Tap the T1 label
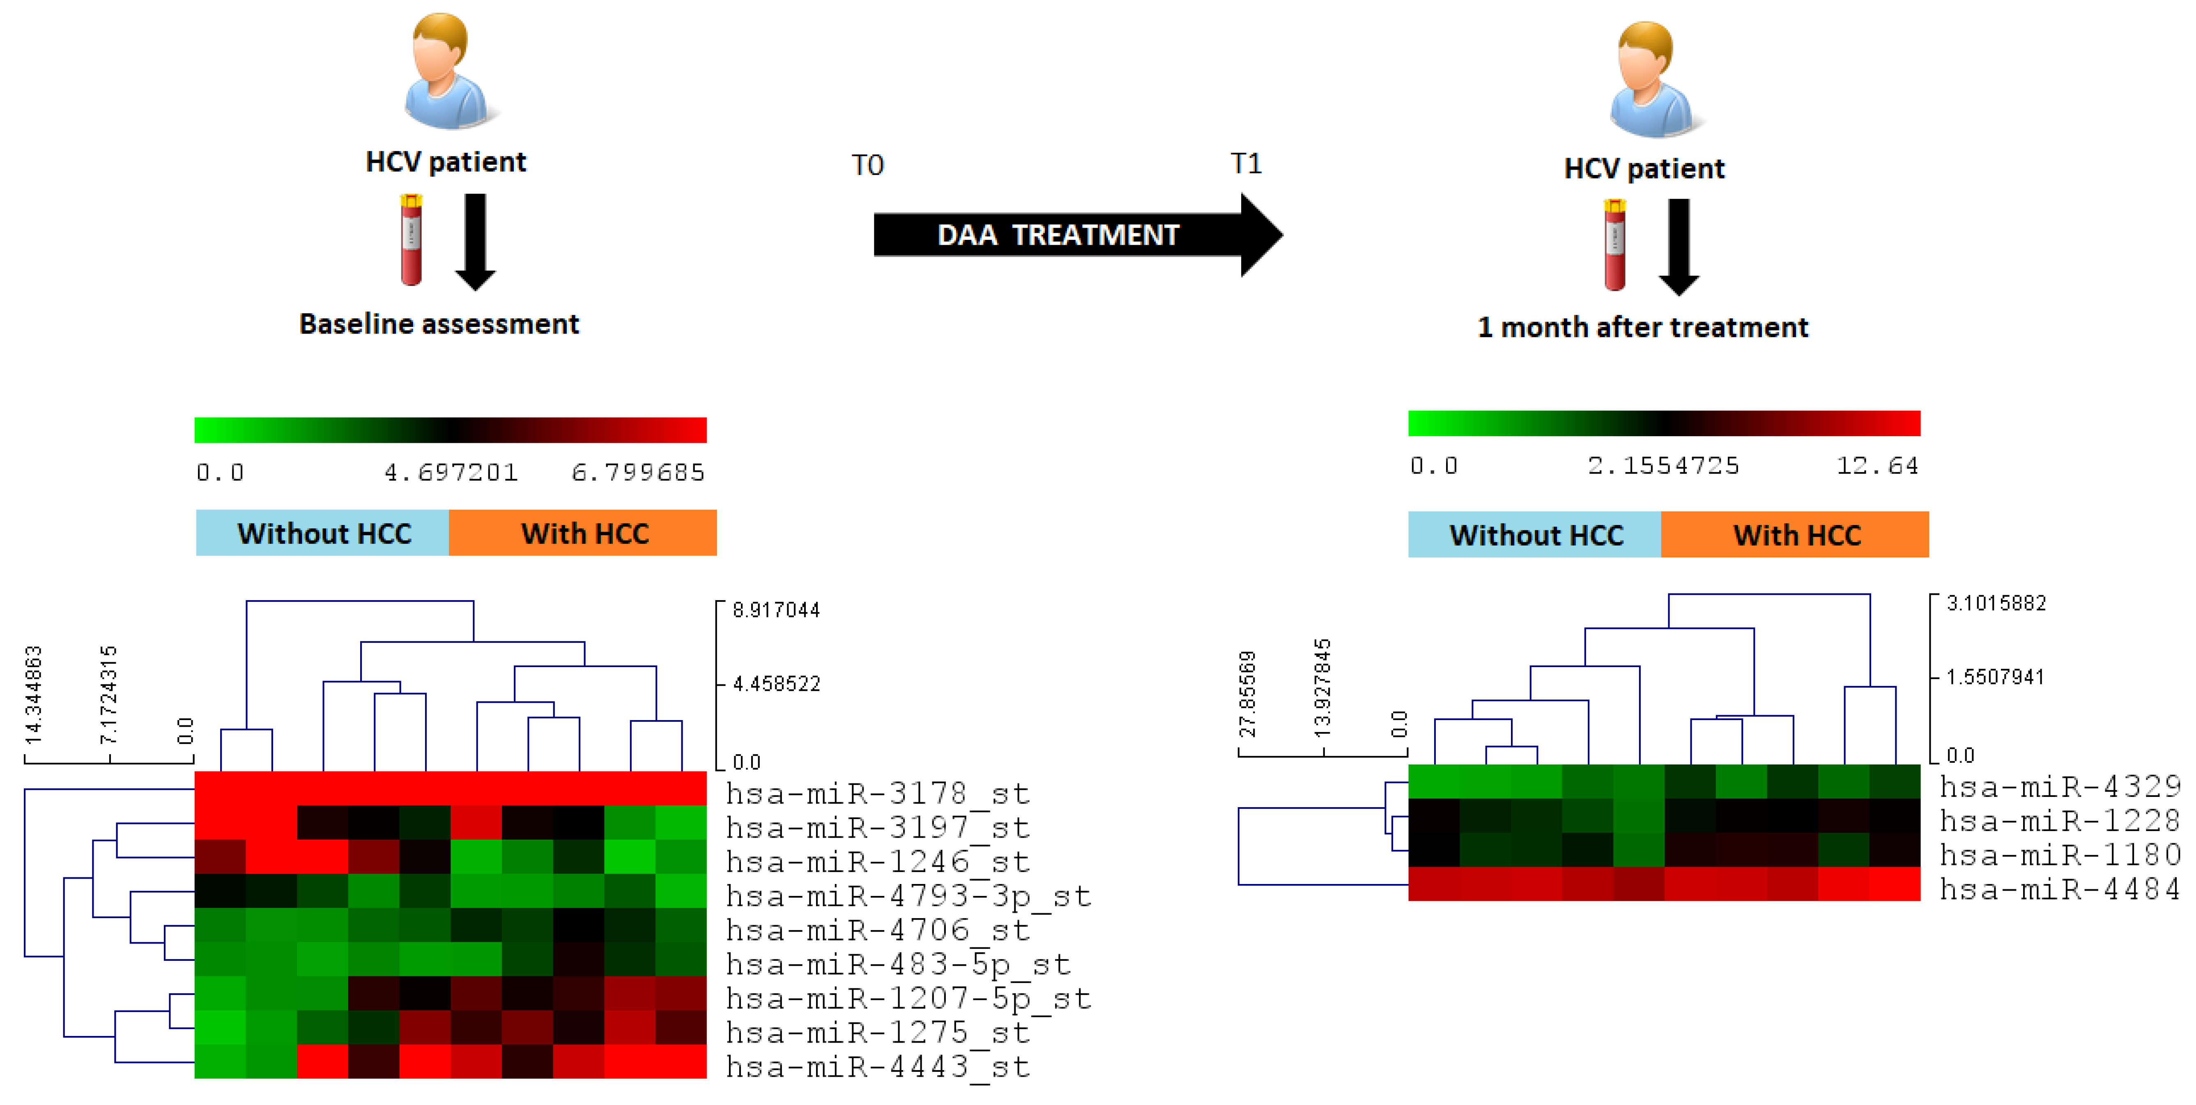(1246, 163)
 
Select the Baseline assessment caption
(439, 324)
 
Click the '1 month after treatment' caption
(1643, 327)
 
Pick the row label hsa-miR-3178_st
(878, 794)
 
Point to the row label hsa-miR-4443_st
(878, 1067)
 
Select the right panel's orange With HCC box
(1795, 534)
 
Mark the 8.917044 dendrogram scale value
(776, 610)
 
